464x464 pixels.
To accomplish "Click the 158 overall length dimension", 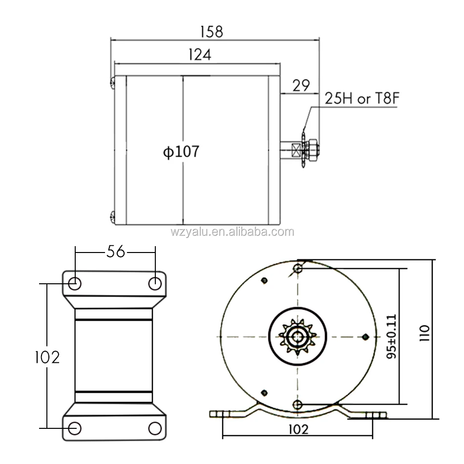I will (x=211, y=31).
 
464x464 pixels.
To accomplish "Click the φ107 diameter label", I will (x=181, y=152).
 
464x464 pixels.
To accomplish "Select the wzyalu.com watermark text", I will (x=232, y=232).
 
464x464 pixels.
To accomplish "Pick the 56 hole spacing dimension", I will (x=115, y=252).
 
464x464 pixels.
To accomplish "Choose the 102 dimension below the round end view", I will (x=298, y=429).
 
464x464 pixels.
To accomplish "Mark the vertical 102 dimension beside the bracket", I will (x=47, y=358).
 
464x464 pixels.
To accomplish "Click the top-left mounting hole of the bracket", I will (x=75, y=283).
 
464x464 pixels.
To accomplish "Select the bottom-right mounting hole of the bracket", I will (x=155, y=428).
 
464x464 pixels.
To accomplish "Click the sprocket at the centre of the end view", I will (x=297, y=336).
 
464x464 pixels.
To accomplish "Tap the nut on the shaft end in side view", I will (x=314, y=148).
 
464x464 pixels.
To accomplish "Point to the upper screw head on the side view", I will (x=112, y=84).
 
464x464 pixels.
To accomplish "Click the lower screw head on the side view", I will (x=112, y=216).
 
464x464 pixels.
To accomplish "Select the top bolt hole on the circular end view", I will (x=298, y=268).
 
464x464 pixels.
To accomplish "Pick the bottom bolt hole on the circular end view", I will (x=298, y=403).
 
